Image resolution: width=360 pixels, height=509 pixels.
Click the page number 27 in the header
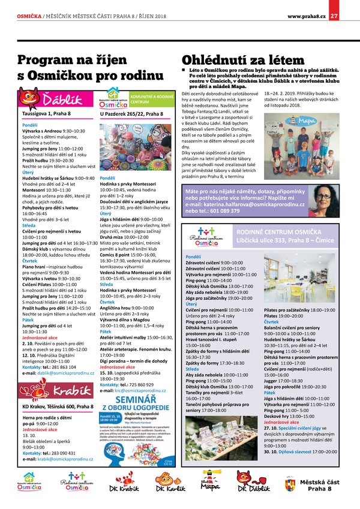pos(334,16)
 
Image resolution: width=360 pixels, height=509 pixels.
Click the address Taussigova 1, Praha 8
pos(46,113)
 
